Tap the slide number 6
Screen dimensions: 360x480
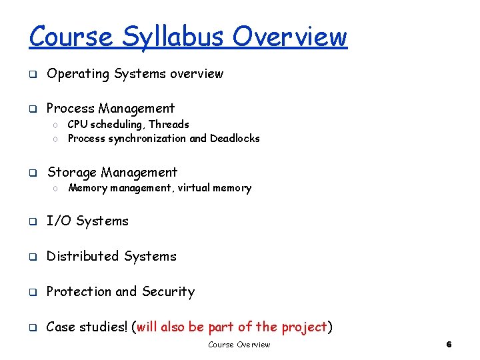point(449,345)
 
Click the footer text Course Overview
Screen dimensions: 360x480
point(239,345)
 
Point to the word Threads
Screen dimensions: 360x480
point(169,125)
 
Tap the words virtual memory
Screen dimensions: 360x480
point(214,188)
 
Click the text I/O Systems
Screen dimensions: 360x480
point(87,221)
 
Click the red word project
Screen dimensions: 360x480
point(304,327)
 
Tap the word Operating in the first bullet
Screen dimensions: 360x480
point(77,74)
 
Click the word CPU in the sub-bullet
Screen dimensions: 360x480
point(77,125)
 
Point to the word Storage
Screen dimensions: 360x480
point(71,173)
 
